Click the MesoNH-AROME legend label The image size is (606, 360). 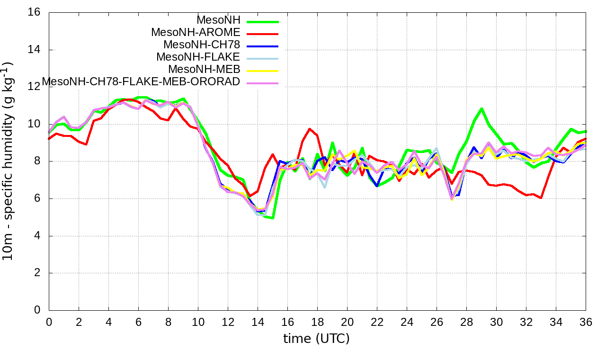196,32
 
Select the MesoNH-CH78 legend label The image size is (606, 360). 202,45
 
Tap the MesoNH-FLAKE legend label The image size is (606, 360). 198,57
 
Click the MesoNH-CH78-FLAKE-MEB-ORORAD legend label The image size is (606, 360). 141,81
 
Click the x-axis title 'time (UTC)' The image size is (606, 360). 316,339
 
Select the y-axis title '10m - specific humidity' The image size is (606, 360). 9,161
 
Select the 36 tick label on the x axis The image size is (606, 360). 586,322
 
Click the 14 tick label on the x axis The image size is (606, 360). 258,322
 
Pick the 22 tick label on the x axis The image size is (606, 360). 377,322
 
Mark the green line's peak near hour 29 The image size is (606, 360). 481,109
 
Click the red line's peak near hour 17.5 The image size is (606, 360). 310,129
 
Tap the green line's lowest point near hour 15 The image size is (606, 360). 273,218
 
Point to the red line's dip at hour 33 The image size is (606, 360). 541,198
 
